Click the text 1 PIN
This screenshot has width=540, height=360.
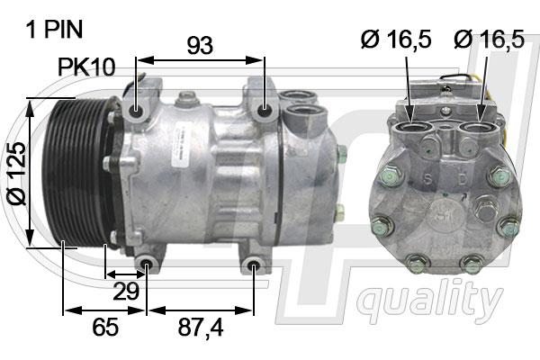coord(54,30)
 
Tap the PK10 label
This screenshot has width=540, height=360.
coord(86,67)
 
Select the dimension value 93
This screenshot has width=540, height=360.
coord(200,45)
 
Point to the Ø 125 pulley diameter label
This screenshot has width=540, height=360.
coord(16,174)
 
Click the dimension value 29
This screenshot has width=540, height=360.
coord(126,292)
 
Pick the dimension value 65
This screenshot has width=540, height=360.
coord(105,327)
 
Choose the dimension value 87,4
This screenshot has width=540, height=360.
coord(201,328)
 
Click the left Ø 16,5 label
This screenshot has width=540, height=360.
coord(396,39)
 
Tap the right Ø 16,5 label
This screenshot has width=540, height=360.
coord(489,39)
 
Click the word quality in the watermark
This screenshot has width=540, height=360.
coord(429,301)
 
